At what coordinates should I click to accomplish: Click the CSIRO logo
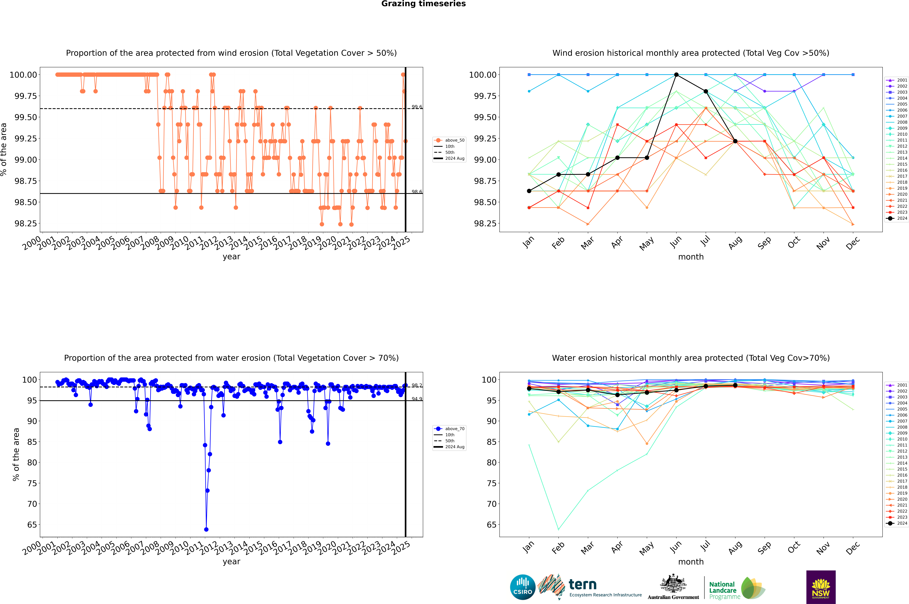(522, 587)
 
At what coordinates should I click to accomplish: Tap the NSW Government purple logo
(821, 587)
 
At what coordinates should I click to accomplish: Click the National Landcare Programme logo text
(723, 590)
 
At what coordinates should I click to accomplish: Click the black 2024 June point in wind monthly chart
(676, 75)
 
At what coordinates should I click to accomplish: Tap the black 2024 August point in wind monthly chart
(735, 141)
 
